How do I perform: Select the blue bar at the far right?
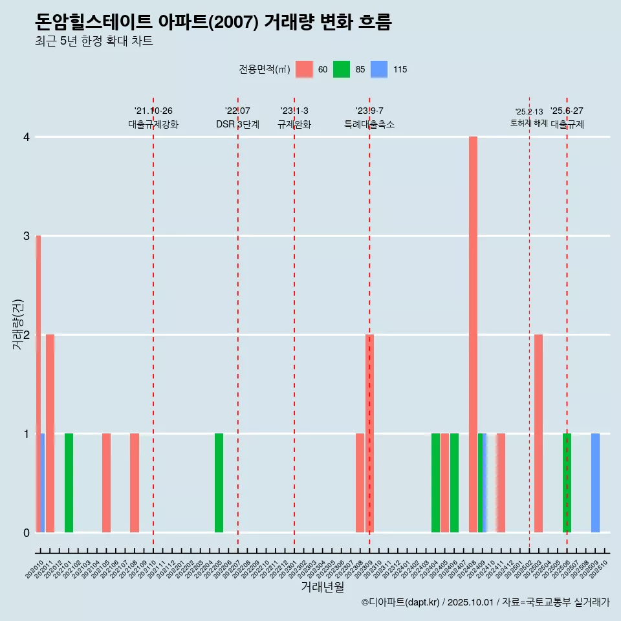click(x=595, y=483)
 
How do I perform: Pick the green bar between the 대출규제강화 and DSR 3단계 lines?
click(x=219, y=483)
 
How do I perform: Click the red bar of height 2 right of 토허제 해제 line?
click(x=538, y=433)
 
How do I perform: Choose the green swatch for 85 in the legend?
click(x=342, y=69)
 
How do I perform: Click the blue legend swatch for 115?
click(x=379, y=69)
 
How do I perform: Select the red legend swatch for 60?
click(x=304, y=69)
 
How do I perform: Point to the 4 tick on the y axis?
click(x=27, y=137)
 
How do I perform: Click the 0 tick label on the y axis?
click(x=27, y=532)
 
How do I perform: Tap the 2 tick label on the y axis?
click(x=27, y=334)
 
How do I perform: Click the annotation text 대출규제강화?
click(x=153, y=124)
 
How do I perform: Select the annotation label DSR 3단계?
click(x=237, y=124)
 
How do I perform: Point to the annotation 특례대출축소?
click(x=369, y=124)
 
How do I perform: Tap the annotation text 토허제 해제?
click(x=529, y=123)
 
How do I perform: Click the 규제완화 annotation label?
click(x=294, y=124)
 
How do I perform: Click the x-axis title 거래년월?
click(x=322, y=587)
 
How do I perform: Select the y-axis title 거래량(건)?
click(x=17, y=323)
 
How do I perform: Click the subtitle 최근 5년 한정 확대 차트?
click(x=94, y=41)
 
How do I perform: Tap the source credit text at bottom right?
click(x=485, y=602)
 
